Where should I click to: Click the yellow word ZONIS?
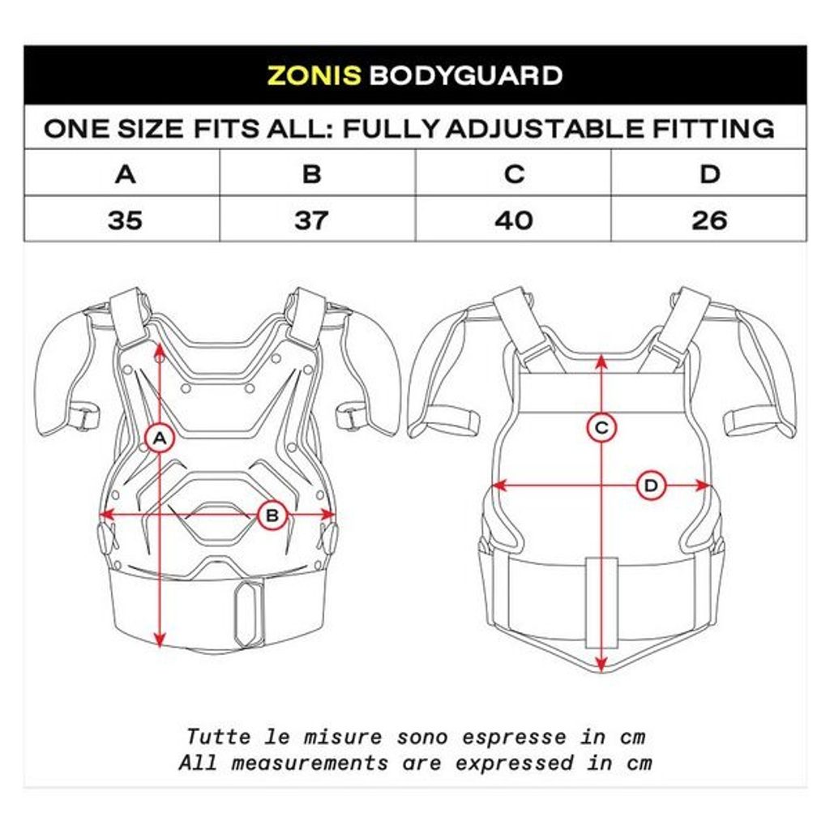point(314,75)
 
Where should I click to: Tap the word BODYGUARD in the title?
point(466,75)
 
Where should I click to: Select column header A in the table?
point(126,174)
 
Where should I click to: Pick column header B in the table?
point(312,174)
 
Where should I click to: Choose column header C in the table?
point(514,174)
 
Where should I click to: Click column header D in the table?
point(710,174)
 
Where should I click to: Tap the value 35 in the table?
point(125,220)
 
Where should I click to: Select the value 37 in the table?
point(311,220)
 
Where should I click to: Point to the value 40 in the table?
point(513,220)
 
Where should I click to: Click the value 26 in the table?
point(709,220)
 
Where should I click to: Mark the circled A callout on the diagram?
point(160,439)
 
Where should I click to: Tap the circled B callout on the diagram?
point(272,515)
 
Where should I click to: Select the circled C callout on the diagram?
point(601,428)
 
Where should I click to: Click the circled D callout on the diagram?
point(651,486)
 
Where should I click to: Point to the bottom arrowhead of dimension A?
point(160,640)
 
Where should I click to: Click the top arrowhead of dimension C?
point(601,362)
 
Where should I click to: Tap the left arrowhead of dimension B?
point(108,514)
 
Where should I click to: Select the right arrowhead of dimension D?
point(703,486)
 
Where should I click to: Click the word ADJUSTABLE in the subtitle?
point(545,129)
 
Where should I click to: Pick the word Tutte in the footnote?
point(219,737)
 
